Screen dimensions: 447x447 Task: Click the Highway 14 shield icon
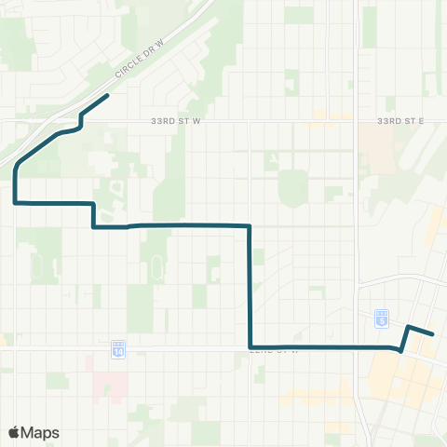117,350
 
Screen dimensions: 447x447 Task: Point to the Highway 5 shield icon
382,317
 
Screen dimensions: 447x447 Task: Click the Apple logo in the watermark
15,432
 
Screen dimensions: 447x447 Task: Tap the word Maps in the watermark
41,432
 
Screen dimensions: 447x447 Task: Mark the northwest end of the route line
108,95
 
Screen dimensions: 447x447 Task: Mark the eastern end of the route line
433,333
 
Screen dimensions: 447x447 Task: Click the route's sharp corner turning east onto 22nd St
251,346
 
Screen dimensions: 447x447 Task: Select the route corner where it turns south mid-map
250,225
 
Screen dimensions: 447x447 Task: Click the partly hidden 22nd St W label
277,351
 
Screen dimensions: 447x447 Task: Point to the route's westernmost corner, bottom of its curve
16,201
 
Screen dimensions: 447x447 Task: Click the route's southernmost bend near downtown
400,350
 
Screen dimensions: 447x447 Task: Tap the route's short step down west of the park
93,214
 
